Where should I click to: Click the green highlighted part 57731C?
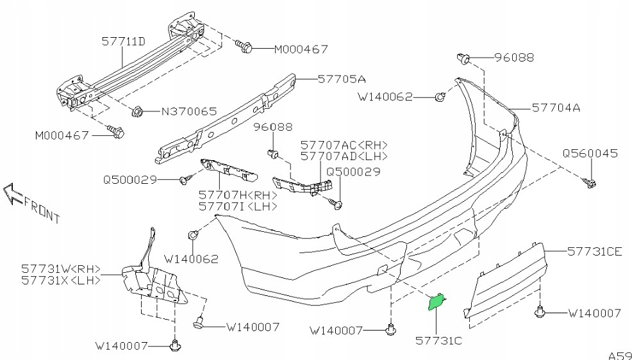point(437,300)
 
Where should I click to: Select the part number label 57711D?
point(123,42)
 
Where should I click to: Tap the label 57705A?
point(342,79)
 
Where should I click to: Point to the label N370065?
point(188,111)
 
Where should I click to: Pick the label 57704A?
point(555,108)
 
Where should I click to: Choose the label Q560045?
point(590,154)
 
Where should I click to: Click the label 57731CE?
point(594,252)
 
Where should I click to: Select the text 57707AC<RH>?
point(344,145)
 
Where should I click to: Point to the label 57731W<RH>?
point(61,269)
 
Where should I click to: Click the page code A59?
point(619,354)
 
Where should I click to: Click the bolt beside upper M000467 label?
point(245,46)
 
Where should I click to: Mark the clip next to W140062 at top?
point(440,97)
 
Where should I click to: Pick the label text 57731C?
point(439,340)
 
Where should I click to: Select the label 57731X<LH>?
point(61,280)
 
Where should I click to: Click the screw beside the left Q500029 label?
point(186,179)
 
